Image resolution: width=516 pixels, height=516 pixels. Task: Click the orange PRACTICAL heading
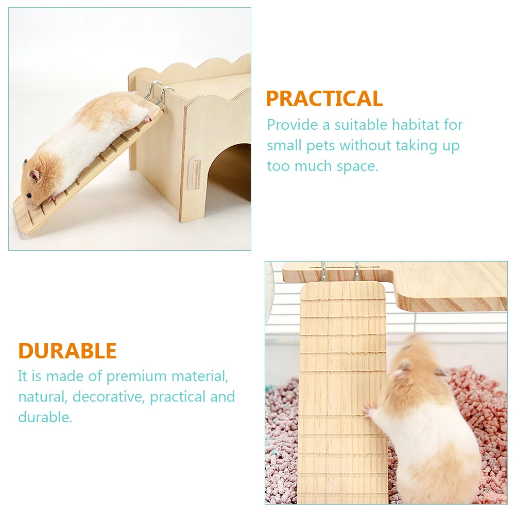click(324, 98)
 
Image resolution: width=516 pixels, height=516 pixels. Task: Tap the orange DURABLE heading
click(67, 351)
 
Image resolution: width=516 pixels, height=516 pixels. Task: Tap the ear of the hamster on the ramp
click(35, 176)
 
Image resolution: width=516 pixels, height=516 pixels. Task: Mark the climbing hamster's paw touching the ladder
click(369, 409)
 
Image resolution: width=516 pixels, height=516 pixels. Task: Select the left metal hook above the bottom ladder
click(323, 271)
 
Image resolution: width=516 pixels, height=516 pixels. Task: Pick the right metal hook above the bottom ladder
click(356, 271)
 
